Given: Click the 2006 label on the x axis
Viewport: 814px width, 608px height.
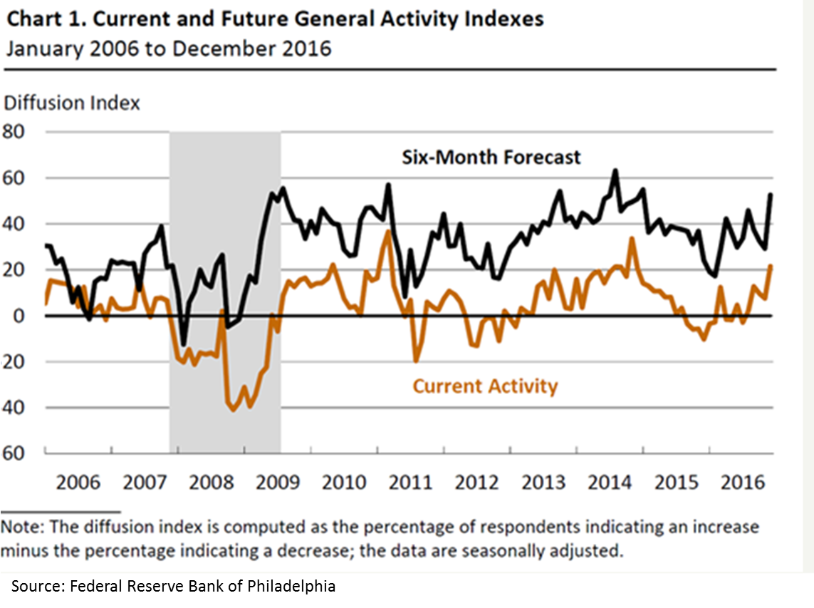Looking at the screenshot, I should coord(78,482).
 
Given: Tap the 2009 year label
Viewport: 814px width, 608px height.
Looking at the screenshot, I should coord(278,482).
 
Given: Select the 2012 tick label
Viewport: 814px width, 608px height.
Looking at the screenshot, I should coord(476,482).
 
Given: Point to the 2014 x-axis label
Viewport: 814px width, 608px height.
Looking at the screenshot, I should coord(610,482).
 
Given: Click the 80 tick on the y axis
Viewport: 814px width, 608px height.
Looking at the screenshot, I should coord(14,132).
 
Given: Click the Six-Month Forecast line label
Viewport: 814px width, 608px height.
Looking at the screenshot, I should coord(491,157).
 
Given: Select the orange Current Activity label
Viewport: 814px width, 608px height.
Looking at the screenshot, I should coord(485,386).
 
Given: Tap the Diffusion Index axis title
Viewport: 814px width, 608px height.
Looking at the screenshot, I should coord(72,103).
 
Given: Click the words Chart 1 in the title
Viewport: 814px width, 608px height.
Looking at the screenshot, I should coord(43,19).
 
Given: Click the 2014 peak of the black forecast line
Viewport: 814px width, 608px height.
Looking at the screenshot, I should coord(615,170).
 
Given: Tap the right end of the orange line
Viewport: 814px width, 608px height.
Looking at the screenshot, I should coord(772,266).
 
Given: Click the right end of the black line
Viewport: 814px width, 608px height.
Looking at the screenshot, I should coord(772,194).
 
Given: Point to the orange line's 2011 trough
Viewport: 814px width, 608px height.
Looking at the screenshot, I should coord(416,361).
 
